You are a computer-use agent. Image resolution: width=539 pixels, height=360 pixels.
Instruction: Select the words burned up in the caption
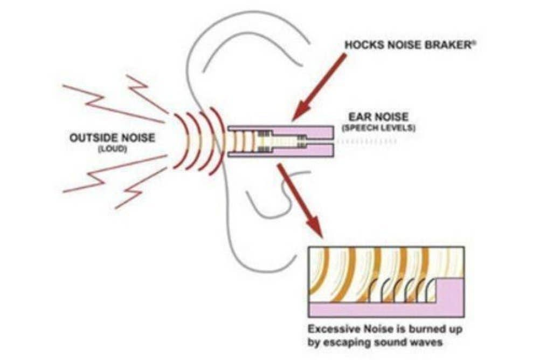[x=436, y=329]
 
